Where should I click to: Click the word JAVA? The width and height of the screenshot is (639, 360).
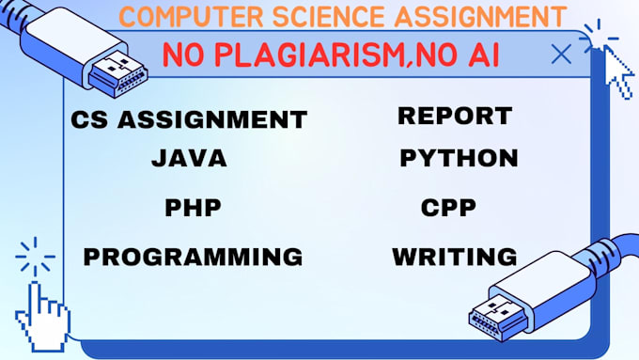click(x=189, y=158)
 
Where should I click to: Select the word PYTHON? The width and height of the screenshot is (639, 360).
click(x=459, y=158)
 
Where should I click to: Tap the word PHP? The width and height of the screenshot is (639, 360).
click(x=194, y=208)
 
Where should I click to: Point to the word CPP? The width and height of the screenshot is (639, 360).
click(x=448, y=208)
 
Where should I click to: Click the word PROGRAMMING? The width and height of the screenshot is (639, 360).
click(x=193, y=257)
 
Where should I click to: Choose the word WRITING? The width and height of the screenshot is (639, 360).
click(x=455, y=257)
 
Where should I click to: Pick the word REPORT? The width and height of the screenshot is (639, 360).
click(x=455, y=116)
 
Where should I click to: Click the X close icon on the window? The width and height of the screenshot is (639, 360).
click(x=561, y=54)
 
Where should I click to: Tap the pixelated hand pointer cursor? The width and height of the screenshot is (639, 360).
click(x=43, y=317)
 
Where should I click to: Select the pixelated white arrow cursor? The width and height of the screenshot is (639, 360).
click(x=618, y=72)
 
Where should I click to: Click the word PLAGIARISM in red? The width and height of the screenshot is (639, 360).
click(x=309, y=55)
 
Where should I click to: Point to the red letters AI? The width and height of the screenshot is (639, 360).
click(x=484, y=55)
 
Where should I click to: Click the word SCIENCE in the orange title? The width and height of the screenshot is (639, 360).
click(x=328, y=17)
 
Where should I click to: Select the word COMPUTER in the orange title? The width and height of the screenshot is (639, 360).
click(x=192, y=17)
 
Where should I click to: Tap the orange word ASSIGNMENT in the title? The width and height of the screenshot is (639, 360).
click(x=480, y=17)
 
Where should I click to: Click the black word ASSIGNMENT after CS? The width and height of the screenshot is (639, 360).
click(x=212, y=120)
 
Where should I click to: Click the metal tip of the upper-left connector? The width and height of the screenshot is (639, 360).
click(x=118, y=74)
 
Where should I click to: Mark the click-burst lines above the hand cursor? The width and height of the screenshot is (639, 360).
click(x=35, y=257)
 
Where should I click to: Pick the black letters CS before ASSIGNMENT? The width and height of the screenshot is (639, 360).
click(x=89, y=120)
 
